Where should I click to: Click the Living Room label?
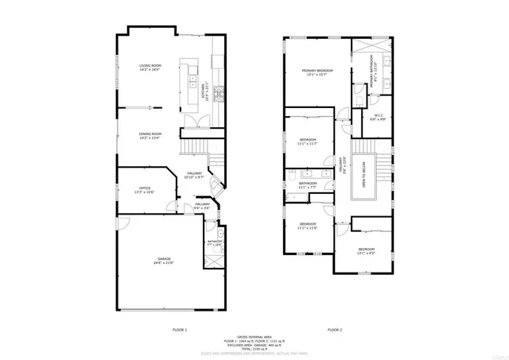(x=150, y=68)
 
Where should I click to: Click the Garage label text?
(x=163, y=261)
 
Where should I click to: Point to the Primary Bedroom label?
(x=317, y=72)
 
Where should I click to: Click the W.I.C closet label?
(x=379, y=118)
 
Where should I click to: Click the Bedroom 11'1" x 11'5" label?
(x=308, y=226)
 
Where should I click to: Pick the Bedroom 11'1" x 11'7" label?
(x=308, y=141)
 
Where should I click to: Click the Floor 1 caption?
(x=180, y=329)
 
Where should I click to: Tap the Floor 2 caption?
(x=335, y=329)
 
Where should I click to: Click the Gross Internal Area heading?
(x=257, y=337)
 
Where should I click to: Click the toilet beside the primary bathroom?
(x=359, y=99)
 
